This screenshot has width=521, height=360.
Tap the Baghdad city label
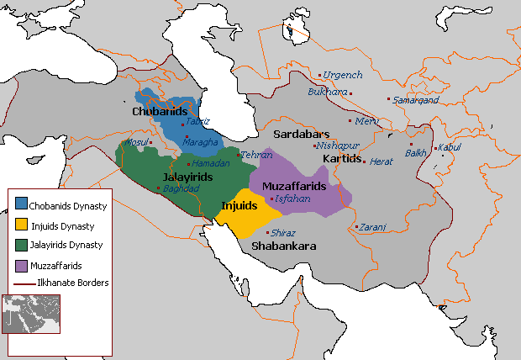pyautogui.click(x=182, y=188)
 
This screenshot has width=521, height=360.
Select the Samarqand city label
pyautogui.click(x=417, y=99)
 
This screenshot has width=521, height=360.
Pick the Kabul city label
pyautogui.click(x=450, y=147)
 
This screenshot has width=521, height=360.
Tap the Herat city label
pyautogui.click(x=382, y=161)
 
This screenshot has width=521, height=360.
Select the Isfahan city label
pyautogui.click(x=292, y=199)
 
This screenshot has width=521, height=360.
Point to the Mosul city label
pyautogui.click(x=136, y=142)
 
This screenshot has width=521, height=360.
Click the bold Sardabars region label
pyautogui.click(x=303, y=134)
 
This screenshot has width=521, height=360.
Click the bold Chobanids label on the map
pyautogui.click(x=160, y=111)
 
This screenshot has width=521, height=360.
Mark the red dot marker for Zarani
pyautogui.click(x=356, y=226)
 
